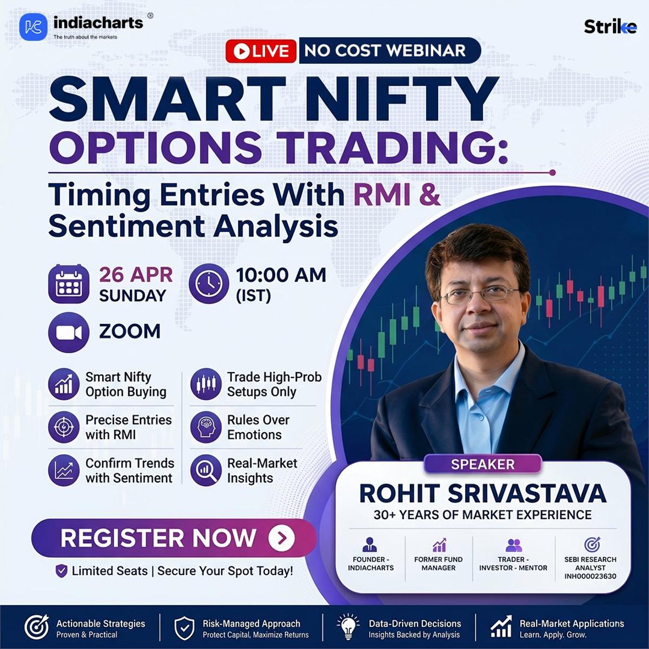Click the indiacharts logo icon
coord(33,27)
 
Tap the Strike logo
coord(610,27)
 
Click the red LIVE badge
coord(261,51)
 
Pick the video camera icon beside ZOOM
coord(68,332)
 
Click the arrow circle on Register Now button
coord(281,538)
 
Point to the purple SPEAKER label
coord(482,464)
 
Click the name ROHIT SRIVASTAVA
coord(482,493)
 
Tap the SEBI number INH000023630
coord(590,576)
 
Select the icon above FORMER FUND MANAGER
coord(439,545)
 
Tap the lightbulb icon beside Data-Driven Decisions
coord(348,628)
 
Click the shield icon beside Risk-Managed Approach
coord(184,628)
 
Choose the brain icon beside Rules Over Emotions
coord(206,427)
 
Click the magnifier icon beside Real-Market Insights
coord(206,471)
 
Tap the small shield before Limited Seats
coord(62,571)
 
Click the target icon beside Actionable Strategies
coord(37,628)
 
